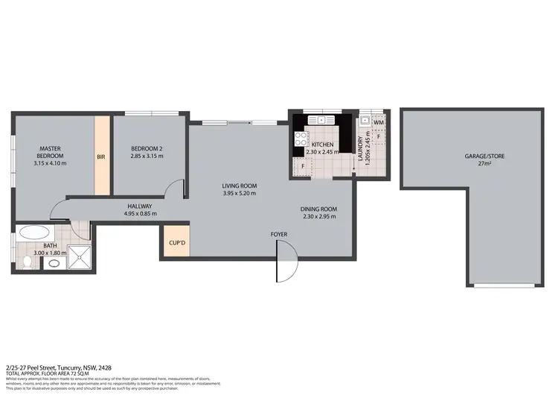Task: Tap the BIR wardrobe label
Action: (x=100, y=157)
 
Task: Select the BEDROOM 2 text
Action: (x=147, y=148)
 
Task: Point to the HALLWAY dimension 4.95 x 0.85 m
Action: (x=140, y=214)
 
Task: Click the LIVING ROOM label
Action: (x=239, y=186)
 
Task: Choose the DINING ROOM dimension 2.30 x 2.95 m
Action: (x=318, y=217)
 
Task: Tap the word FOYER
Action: (x=279, y=235)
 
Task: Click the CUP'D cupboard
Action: (x=176, y=241)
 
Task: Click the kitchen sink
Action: (x=323, y=119)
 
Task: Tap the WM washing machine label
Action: (x=379, y=122)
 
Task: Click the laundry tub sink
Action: (x=365, y=121)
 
